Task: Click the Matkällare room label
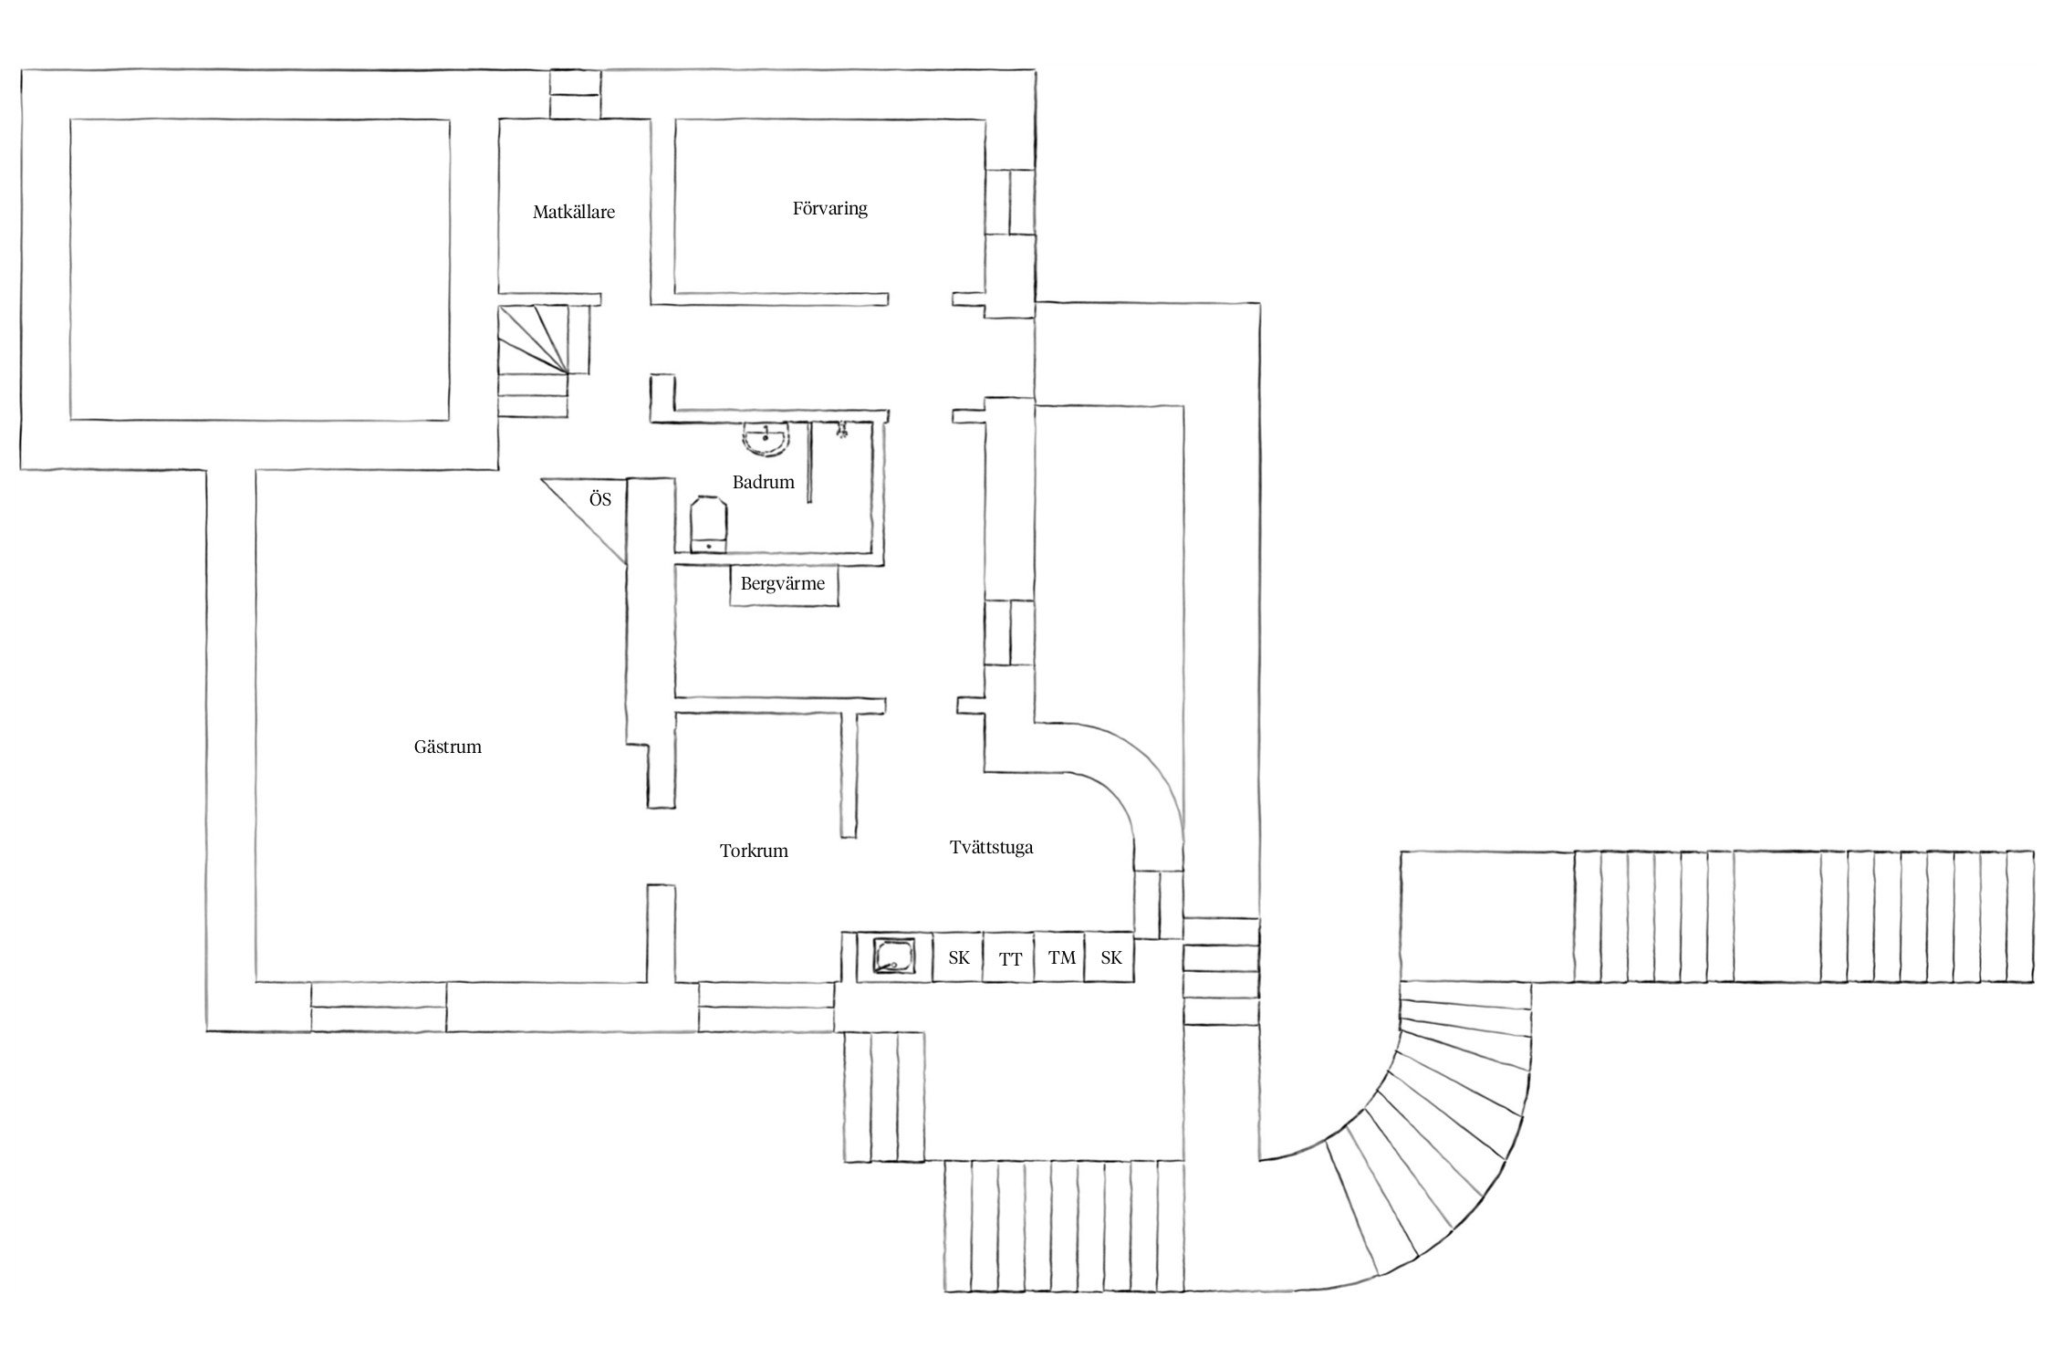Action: pos(574,212)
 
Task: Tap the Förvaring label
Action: pos(829,209)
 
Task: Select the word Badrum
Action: pos(764,482)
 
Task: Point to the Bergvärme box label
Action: pos(783,584)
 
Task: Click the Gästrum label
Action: pos(447,747)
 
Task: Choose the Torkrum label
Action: pos(754,851)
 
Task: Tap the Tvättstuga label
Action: pos(991,847)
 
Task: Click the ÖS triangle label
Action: pos(600,500)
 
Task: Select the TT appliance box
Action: pos(1009,957)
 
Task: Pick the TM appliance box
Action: pos(1060,957)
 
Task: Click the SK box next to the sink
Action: pos(957,957)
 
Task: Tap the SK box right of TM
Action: pos(1110,957)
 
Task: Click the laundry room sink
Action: pos(892,957)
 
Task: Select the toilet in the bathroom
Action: pos(709,525)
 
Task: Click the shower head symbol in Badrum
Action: pos(842,429)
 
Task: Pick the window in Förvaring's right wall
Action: pos(1010,202)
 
